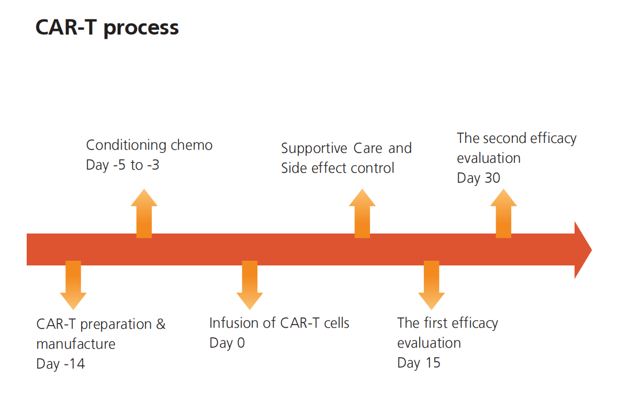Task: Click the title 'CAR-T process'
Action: point(107,28)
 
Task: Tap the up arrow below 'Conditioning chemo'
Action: point(144,214)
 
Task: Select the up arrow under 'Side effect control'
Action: point(362,214)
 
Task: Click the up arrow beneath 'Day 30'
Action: point(503,214)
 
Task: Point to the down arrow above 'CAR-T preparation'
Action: point(73,285)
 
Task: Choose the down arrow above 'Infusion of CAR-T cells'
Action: point(250,285)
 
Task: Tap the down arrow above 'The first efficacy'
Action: point(432,285)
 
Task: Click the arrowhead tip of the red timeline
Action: point(591,250)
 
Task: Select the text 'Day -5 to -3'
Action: point(122,165)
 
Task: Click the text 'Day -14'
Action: point(61,364)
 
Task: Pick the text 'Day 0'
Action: point(227,343)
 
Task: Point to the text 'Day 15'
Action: point(419,363)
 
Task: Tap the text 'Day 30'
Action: point(478,178)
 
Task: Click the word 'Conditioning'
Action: point(126,146)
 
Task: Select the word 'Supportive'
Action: point(314,149)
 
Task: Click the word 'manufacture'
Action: point(76,344)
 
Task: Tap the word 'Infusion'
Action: point(234,323)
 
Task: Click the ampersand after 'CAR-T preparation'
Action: point(161,324)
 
